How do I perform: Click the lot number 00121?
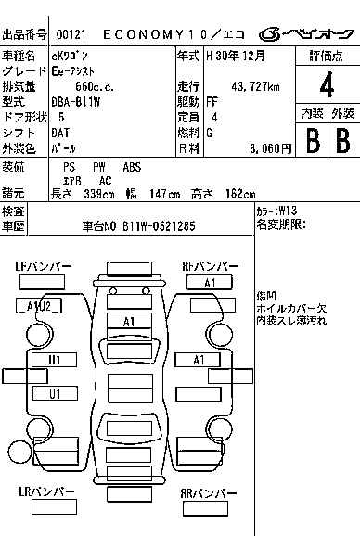(71, 34)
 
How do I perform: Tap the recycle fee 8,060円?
(271, 148)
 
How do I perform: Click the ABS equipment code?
(133, 167)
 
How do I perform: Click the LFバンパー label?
(44, 267)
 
